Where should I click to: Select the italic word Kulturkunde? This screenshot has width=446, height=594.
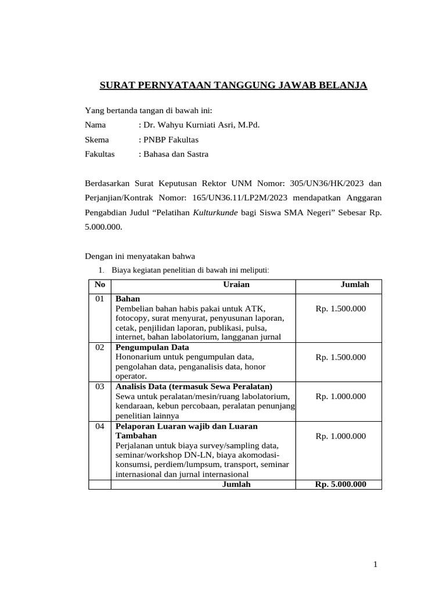click(215, 213)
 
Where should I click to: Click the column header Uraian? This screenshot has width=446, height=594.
click(236, 285)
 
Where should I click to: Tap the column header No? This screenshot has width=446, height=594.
click(100, 285)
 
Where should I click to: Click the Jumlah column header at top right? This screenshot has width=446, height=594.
click(354, 285)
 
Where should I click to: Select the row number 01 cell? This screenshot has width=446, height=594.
click(100, 299)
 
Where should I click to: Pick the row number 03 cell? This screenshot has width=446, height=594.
click(100, 386)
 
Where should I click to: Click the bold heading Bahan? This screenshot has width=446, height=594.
click(128, 299)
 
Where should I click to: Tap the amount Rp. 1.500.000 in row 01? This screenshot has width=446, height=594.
click(341, 309)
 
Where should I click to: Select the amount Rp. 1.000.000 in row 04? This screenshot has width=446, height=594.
click(341, 436)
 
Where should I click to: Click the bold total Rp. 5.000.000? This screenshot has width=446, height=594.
click(340, 484)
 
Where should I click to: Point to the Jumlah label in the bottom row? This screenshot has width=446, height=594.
click(236, 484)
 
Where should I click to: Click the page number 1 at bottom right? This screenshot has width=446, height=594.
click(376, 564)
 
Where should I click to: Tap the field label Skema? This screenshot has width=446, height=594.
click(96, 140)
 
